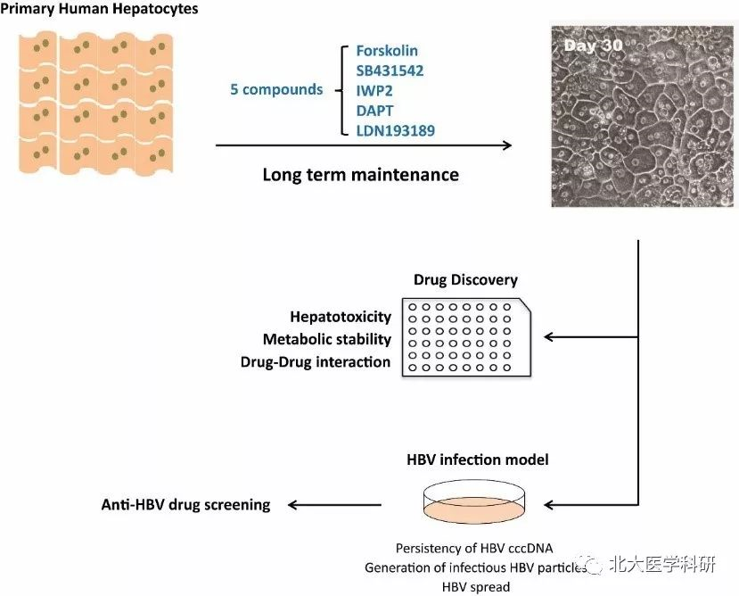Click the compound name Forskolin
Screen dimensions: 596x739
click(388, 52)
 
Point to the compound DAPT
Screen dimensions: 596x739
click(374, 112)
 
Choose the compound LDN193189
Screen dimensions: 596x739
click(396, 131)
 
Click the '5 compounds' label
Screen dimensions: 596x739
click(276, 90)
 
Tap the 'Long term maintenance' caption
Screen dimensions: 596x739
click(360, 175)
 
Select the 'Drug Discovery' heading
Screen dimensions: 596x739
click(465, 279)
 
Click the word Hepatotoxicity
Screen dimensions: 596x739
click(341, 317)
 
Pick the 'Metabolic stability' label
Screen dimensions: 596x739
click(327, 339)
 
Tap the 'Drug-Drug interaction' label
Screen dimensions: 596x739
click(316, 362)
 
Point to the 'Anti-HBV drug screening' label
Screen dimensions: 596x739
click(185, 504)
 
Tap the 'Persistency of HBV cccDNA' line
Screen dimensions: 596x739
click(474, 548)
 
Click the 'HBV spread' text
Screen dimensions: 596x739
click(476, 586)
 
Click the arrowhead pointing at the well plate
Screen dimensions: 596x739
click(549, 337)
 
